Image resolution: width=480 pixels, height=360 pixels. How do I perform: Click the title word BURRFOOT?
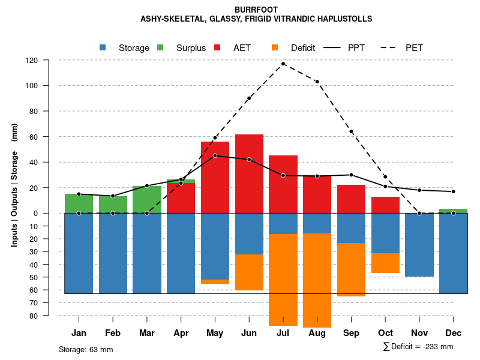pos(256,10)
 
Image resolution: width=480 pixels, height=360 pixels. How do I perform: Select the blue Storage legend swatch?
pos(103,47)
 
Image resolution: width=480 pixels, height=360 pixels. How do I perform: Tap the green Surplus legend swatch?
pos(160,47)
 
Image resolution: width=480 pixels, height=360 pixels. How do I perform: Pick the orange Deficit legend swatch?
pos(275,47)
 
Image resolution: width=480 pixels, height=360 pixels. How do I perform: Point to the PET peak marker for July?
pos(283,64)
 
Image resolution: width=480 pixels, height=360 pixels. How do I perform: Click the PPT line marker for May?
pos(215,155)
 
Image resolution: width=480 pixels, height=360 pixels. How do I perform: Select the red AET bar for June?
pos(249,174)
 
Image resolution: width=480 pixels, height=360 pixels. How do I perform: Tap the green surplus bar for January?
pos(79,203)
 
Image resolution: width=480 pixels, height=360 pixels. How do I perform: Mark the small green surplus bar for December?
pos(453,211)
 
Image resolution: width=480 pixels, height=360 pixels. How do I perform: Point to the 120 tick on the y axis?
pos(49,60)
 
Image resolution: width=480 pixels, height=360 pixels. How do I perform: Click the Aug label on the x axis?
pos(317,333)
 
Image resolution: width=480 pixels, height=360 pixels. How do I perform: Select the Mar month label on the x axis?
pos(147,333)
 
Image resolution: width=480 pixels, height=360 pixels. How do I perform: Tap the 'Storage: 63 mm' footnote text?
pos(86,349)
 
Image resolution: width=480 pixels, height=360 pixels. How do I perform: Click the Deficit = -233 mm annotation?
pos(418,347)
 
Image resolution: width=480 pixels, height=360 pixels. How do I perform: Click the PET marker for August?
pos(317,82)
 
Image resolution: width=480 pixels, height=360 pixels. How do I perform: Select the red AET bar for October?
pos(385,205)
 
